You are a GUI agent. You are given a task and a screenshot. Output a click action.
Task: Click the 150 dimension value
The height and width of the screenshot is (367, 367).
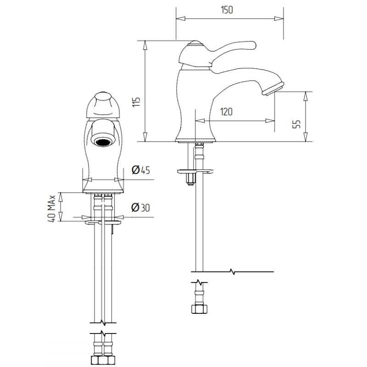pos(227,10)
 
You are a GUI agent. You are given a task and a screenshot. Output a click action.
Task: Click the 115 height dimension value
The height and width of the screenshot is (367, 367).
pos(136,102)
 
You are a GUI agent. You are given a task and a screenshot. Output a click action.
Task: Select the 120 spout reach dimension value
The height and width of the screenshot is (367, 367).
pos(226,111)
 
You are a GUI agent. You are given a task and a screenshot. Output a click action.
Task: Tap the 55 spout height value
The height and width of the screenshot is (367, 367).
pos(296,124)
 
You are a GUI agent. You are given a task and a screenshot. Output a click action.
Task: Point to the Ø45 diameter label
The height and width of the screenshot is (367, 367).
pos(141,170)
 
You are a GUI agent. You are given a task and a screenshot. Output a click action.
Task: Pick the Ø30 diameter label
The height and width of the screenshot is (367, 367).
pos(140,208)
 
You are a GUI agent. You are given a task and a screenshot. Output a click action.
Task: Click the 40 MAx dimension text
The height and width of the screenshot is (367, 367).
pos(52,208)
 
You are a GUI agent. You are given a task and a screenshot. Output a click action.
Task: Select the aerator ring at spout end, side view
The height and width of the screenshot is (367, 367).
pos(273,89)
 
